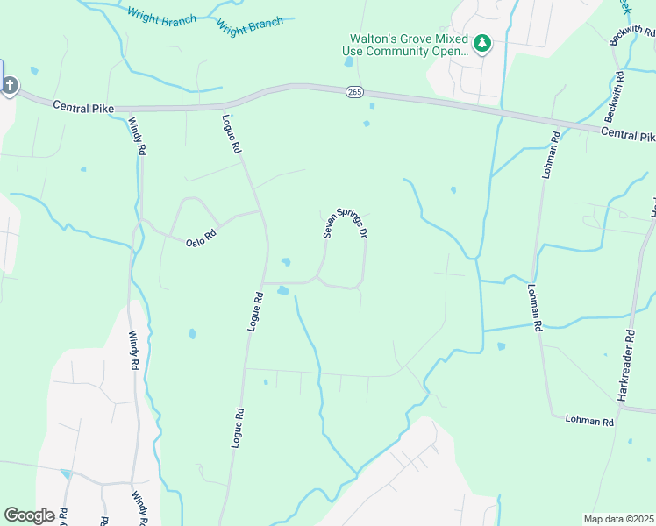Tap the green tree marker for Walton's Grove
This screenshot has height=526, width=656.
[x=481, y=43]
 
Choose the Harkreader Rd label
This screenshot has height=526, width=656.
[x=625, y=366]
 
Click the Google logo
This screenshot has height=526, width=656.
[x=29, y=515]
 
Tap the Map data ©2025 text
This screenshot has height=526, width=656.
[x=618, y=519]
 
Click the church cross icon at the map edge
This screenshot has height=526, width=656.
[x=10, y=85]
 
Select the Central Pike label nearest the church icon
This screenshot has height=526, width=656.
[x=84, y=106]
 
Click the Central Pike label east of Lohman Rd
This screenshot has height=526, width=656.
[x=629, y=136]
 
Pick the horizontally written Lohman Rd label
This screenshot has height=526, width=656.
[x=589, y=421]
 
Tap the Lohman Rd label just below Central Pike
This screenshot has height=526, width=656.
[x=550, y=156]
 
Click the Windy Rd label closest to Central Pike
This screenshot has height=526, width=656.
[x=138, y=137]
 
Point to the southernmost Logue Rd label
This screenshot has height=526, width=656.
[x=236, y=429]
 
